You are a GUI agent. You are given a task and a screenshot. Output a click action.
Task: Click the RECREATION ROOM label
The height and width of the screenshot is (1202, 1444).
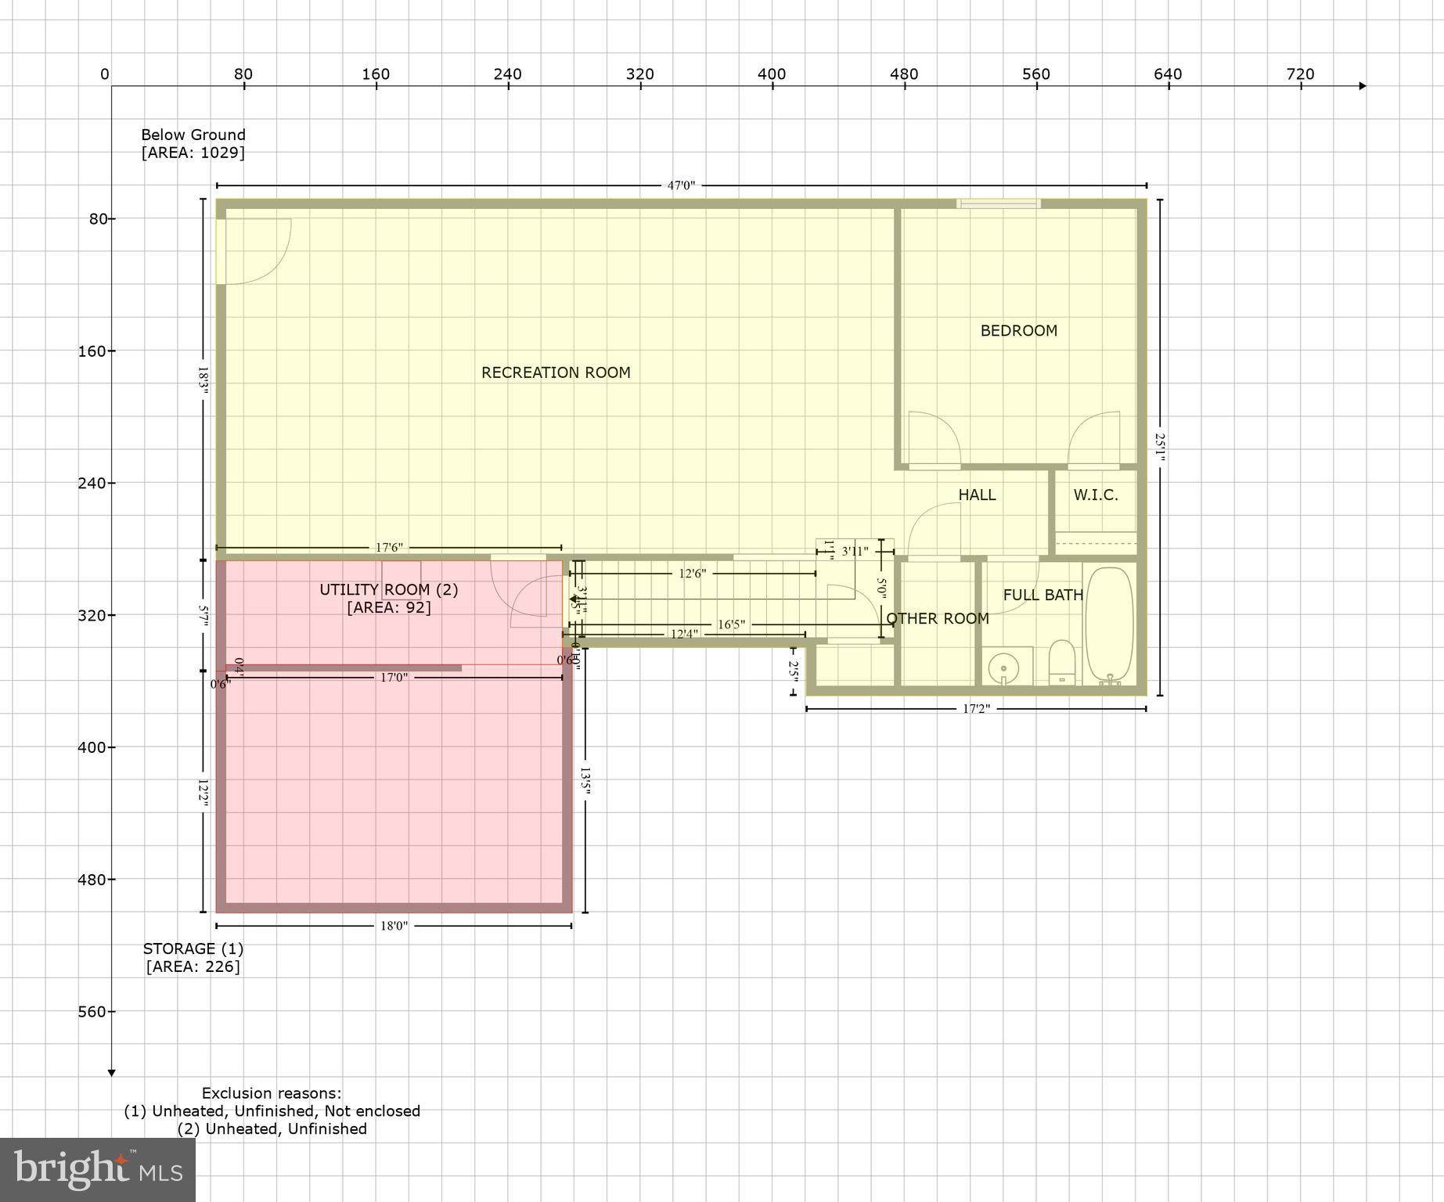(x=556, y=372)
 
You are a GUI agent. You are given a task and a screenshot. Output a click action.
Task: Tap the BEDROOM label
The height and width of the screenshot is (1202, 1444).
(x=1018, y=330)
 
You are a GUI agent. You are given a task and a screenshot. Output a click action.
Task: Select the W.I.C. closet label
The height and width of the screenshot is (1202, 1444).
(x=1095, y=495)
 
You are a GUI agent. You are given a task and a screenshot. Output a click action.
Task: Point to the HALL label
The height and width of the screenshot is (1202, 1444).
(x=977, y=495)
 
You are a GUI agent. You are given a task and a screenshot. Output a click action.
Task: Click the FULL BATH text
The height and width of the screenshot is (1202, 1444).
(x=1042, y=595)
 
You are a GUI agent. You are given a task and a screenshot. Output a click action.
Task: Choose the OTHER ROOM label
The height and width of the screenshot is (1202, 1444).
(x=937, y=618)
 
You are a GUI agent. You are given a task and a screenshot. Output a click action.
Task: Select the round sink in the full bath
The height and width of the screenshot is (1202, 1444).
(x=1003, y=668)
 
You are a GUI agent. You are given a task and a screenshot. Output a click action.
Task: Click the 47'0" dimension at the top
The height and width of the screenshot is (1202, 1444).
(x=680, y=185)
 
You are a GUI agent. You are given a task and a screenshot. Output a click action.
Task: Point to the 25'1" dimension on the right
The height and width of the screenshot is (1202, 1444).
(x=1160, y=448)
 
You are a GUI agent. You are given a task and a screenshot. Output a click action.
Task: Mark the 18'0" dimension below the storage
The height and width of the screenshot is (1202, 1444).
(x=394, y=926)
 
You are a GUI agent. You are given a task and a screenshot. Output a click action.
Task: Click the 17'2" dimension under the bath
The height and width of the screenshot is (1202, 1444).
(x=975, y=709)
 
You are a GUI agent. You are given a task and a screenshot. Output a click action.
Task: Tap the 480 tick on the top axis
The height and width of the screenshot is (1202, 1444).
(x=904, y=74)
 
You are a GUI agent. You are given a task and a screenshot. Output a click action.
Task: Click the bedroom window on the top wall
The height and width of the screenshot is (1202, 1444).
(x=998, y=203)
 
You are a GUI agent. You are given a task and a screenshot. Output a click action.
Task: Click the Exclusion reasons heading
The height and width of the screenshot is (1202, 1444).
(x=272, y=1093)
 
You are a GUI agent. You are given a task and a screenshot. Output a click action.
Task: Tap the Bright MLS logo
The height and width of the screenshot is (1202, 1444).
(x=97, y=1170)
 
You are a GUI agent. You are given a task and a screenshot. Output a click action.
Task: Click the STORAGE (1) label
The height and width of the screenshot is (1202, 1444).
(x=193, y=948)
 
